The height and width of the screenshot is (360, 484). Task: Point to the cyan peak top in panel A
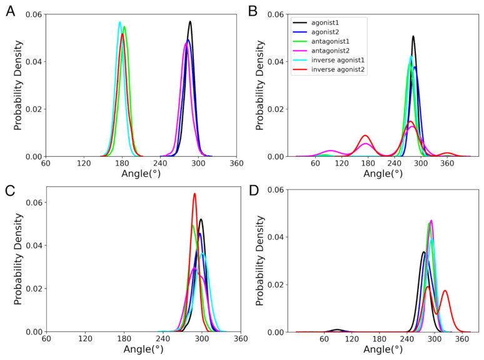(x=119, y=22)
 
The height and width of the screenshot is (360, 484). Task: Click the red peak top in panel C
(x=194, y=193)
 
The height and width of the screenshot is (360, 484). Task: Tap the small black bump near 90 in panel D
(x=338, y=329)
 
